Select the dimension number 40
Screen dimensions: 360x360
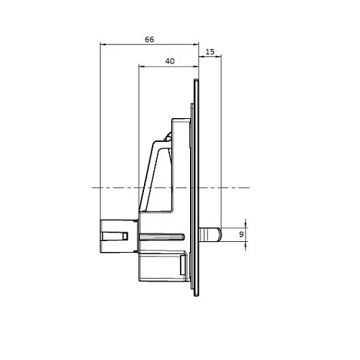169,61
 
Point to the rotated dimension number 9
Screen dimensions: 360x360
241,233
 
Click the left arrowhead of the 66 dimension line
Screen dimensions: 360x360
102,45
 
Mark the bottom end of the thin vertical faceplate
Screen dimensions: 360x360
197,296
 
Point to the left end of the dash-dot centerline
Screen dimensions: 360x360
91,188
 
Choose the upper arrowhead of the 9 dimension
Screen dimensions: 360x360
246,225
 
